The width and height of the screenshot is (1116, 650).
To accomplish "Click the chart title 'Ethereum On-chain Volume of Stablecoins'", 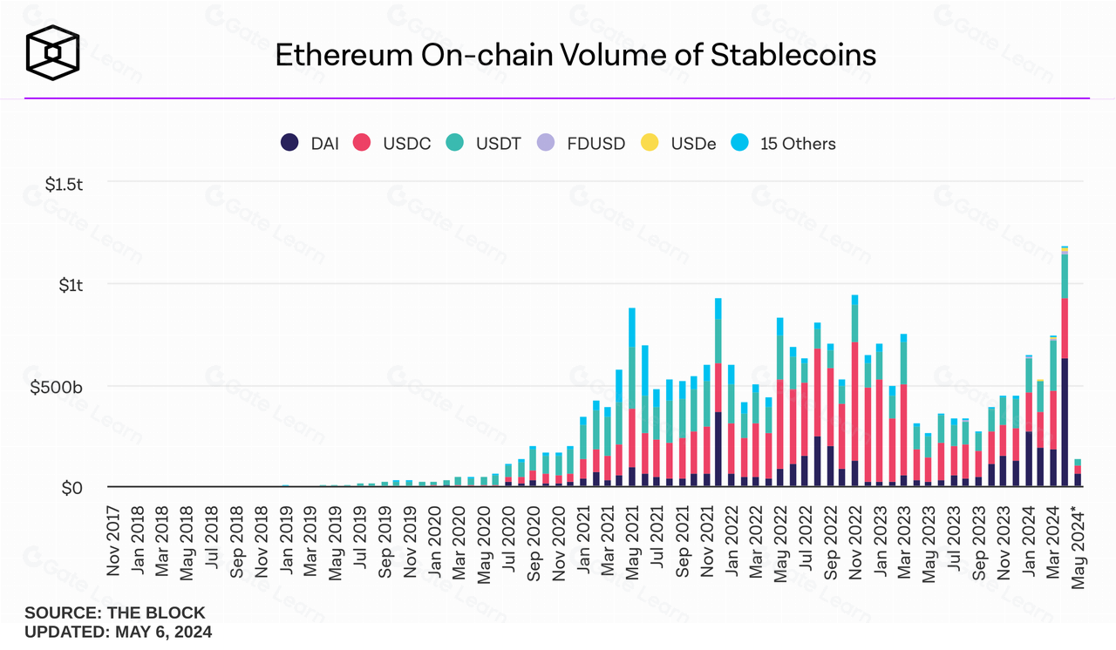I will click(x=575, y=55).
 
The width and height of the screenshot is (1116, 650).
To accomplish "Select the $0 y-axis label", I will click(x=71, y=488).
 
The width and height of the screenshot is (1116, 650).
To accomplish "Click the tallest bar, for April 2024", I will click(x=1065, y=366).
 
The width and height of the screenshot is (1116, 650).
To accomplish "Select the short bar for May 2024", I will click(x=1078, y=473).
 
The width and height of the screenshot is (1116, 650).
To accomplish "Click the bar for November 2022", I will click(x=854, y=391).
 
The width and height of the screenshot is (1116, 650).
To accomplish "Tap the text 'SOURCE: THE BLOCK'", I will click(x=114, y=613).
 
